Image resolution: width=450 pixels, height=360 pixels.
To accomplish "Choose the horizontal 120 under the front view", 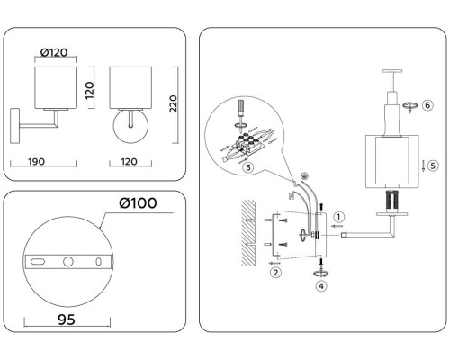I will (x=129, y=166).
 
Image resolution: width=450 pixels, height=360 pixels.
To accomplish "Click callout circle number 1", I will (x=339, y=216).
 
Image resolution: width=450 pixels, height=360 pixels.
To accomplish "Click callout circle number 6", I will (x=427, y=105).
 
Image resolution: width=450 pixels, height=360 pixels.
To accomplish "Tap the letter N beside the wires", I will (x=290, y=193).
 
